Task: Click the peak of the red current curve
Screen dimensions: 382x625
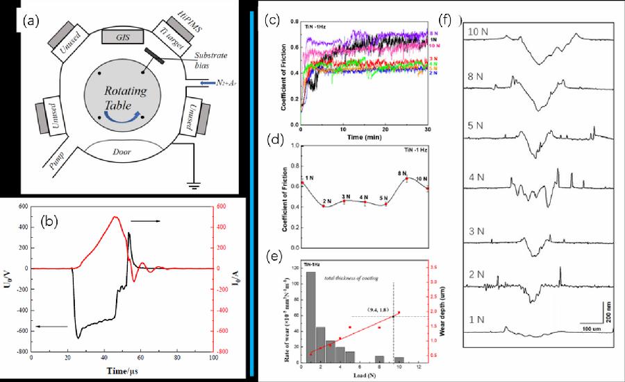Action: [x=116, y=218]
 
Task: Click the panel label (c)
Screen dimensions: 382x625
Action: [x=273, y=20]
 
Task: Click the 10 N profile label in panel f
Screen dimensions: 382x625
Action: [x=480, y=32]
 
